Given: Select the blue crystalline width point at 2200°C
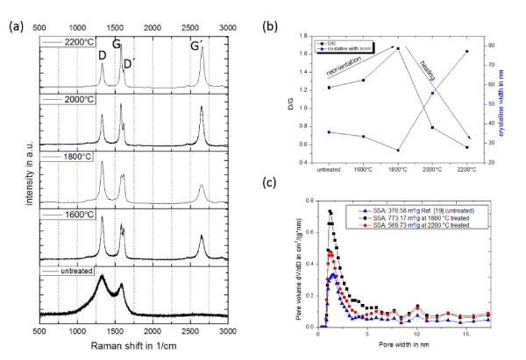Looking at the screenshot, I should point(466,52).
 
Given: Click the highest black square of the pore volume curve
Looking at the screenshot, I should point(331,211).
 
